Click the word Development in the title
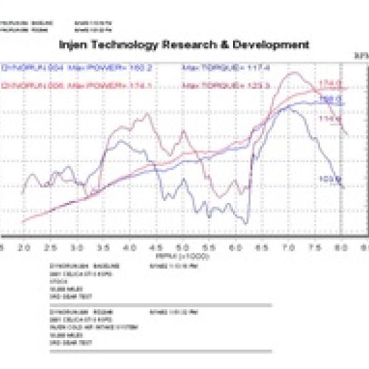[x=276, y=45]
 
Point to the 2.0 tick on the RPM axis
[x=24, y=246]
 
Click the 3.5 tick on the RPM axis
[x=103, y=246]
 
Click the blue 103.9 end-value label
[x=331, y=180]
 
